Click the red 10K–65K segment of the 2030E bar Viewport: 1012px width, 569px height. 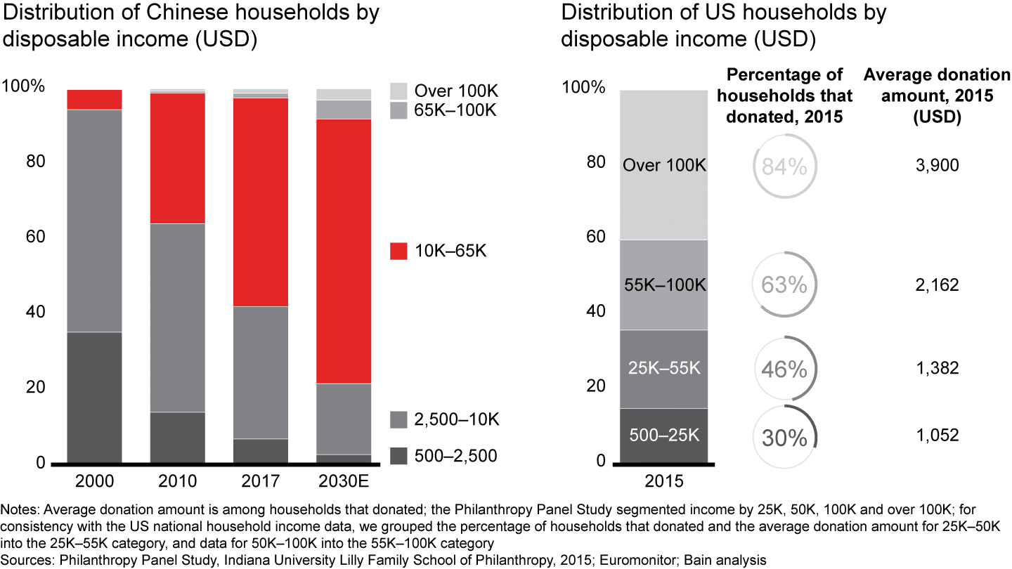tap(344, 251)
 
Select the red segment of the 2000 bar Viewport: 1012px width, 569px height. tap(94, 100)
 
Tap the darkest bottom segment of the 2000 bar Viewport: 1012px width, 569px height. tap(94, 398)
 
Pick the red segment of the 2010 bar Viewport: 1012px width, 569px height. tap(178, 158)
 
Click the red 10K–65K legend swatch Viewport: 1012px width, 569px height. tap(398, 251)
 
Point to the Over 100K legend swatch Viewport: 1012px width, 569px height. tap(398, 91)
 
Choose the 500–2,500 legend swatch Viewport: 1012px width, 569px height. tap(398, 456)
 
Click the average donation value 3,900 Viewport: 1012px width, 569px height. tap(938, 166)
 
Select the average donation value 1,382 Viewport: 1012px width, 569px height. tap(938, 368)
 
